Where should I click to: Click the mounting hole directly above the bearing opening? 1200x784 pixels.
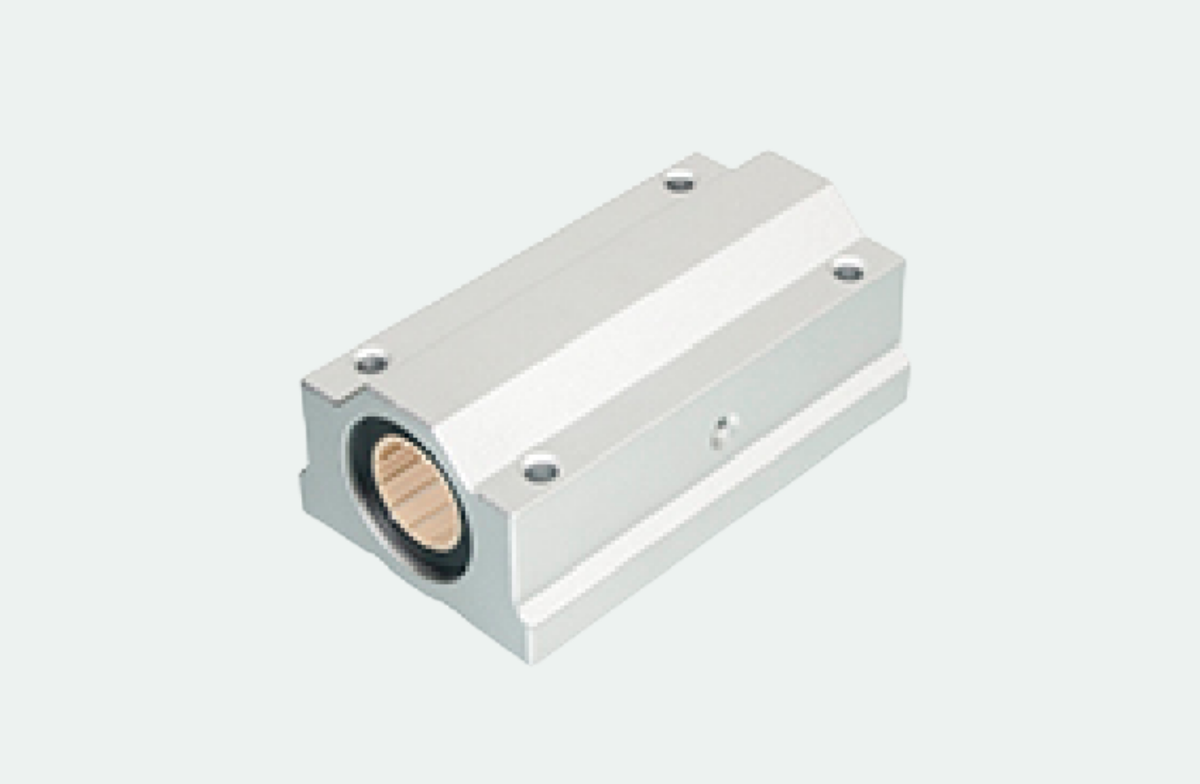point(372,361)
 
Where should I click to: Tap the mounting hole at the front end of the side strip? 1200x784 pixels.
point(541,471)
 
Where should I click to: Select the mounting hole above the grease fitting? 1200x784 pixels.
point(848,271)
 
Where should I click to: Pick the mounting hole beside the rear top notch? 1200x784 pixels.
point(680,183)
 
